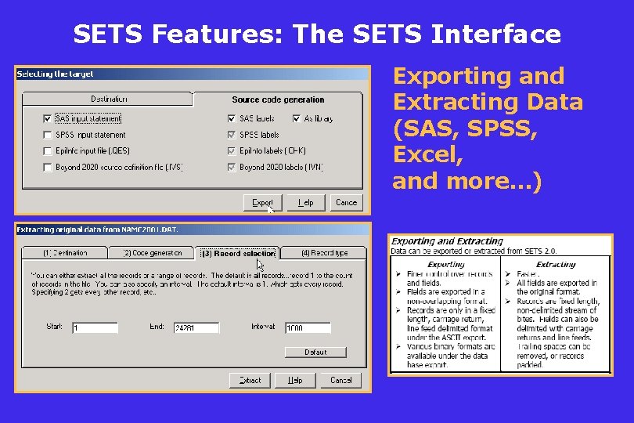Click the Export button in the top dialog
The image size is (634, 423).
(263, 202)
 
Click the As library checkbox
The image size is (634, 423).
(297, 119)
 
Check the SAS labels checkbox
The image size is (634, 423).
(232, 119)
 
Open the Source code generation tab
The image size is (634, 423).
(278, 99)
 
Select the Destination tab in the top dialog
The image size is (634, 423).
(108, 99)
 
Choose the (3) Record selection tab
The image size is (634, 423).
(238, 253)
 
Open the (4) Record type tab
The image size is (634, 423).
(324, 253)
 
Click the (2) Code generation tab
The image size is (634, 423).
(153, 253)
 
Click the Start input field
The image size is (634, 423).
(95, 327)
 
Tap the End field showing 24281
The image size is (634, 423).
(196, 327)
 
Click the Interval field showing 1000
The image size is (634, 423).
(308, 327)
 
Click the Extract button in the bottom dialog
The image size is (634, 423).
(250, 380)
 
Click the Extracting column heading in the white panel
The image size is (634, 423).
(556, 264)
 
